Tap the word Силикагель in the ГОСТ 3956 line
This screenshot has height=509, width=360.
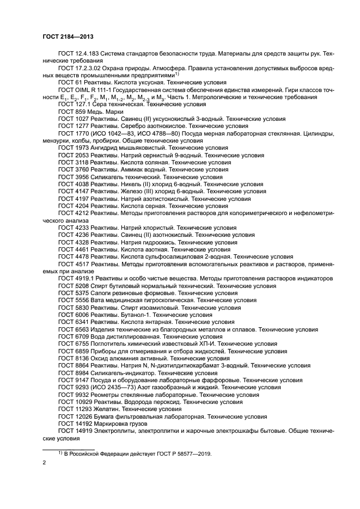pyautogui.click(x=107, y=177)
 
